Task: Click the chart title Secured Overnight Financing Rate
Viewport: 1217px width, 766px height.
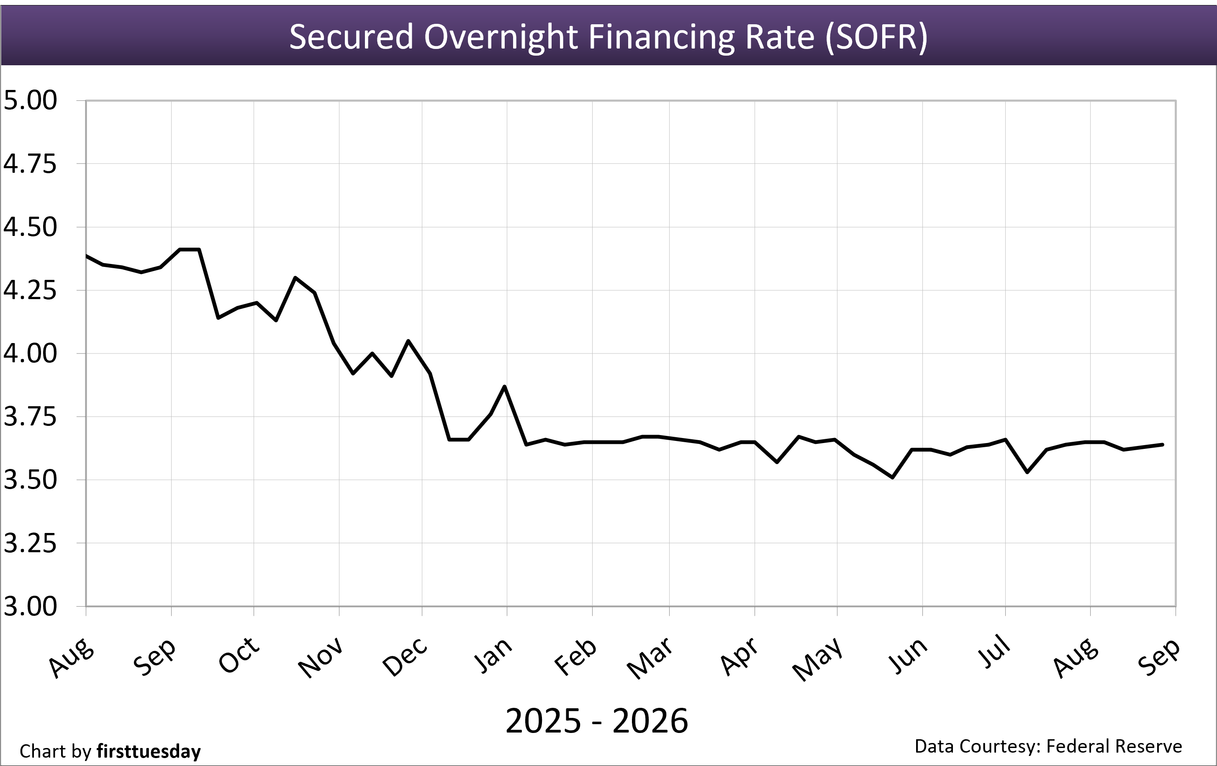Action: [x=608, y=37]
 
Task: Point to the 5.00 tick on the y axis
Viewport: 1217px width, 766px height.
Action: [x=30, y=100]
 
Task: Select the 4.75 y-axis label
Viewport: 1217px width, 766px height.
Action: [x=30, y=164]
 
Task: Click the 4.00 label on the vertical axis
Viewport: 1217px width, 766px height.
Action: [x=30, y=353]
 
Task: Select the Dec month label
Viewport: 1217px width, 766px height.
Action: [x=405, y=656]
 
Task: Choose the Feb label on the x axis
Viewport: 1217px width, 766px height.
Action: [x=575, y=656]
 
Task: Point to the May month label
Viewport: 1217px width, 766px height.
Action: [x=818, y=658]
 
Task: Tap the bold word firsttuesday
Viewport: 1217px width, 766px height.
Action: [x=149, y=751]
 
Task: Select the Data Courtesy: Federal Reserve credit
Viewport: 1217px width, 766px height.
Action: [x=1048, y=746]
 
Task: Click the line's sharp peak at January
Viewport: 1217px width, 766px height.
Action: [x=504, y=387]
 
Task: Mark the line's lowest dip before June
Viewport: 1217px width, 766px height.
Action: [x=893, y=477]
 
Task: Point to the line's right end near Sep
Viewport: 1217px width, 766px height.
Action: [x=1163, y=445]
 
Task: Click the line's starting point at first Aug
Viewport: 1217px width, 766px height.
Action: [x=87, y=256]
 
